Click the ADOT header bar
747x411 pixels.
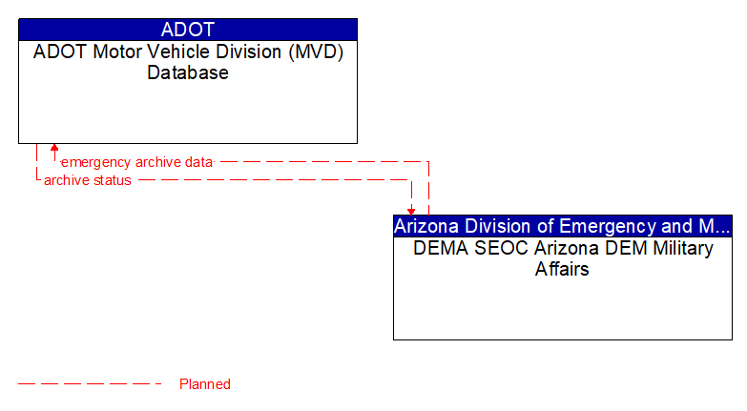pos(188,29)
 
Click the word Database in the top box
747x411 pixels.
pos(188,72)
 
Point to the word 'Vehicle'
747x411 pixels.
pos(178,51)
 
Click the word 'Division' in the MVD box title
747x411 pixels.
pos(246,51)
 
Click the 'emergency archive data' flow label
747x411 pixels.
pos(136,162)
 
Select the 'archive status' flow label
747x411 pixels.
pos(88,180)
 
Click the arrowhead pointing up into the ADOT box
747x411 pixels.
pos(54,149)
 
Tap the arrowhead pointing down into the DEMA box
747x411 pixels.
pos(411,210)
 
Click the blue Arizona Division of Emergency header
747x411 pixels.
pos(563,226)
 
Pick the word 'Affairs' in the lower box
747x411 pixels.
pos(563,269)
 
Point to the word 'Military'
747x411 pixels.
pos(679,248)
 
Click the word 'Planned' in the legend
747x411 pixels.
pos(205,384)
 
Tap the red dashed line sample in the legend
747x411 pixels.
pos(91,384)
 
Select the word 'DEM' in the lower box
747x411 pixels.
pos(621,248)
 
